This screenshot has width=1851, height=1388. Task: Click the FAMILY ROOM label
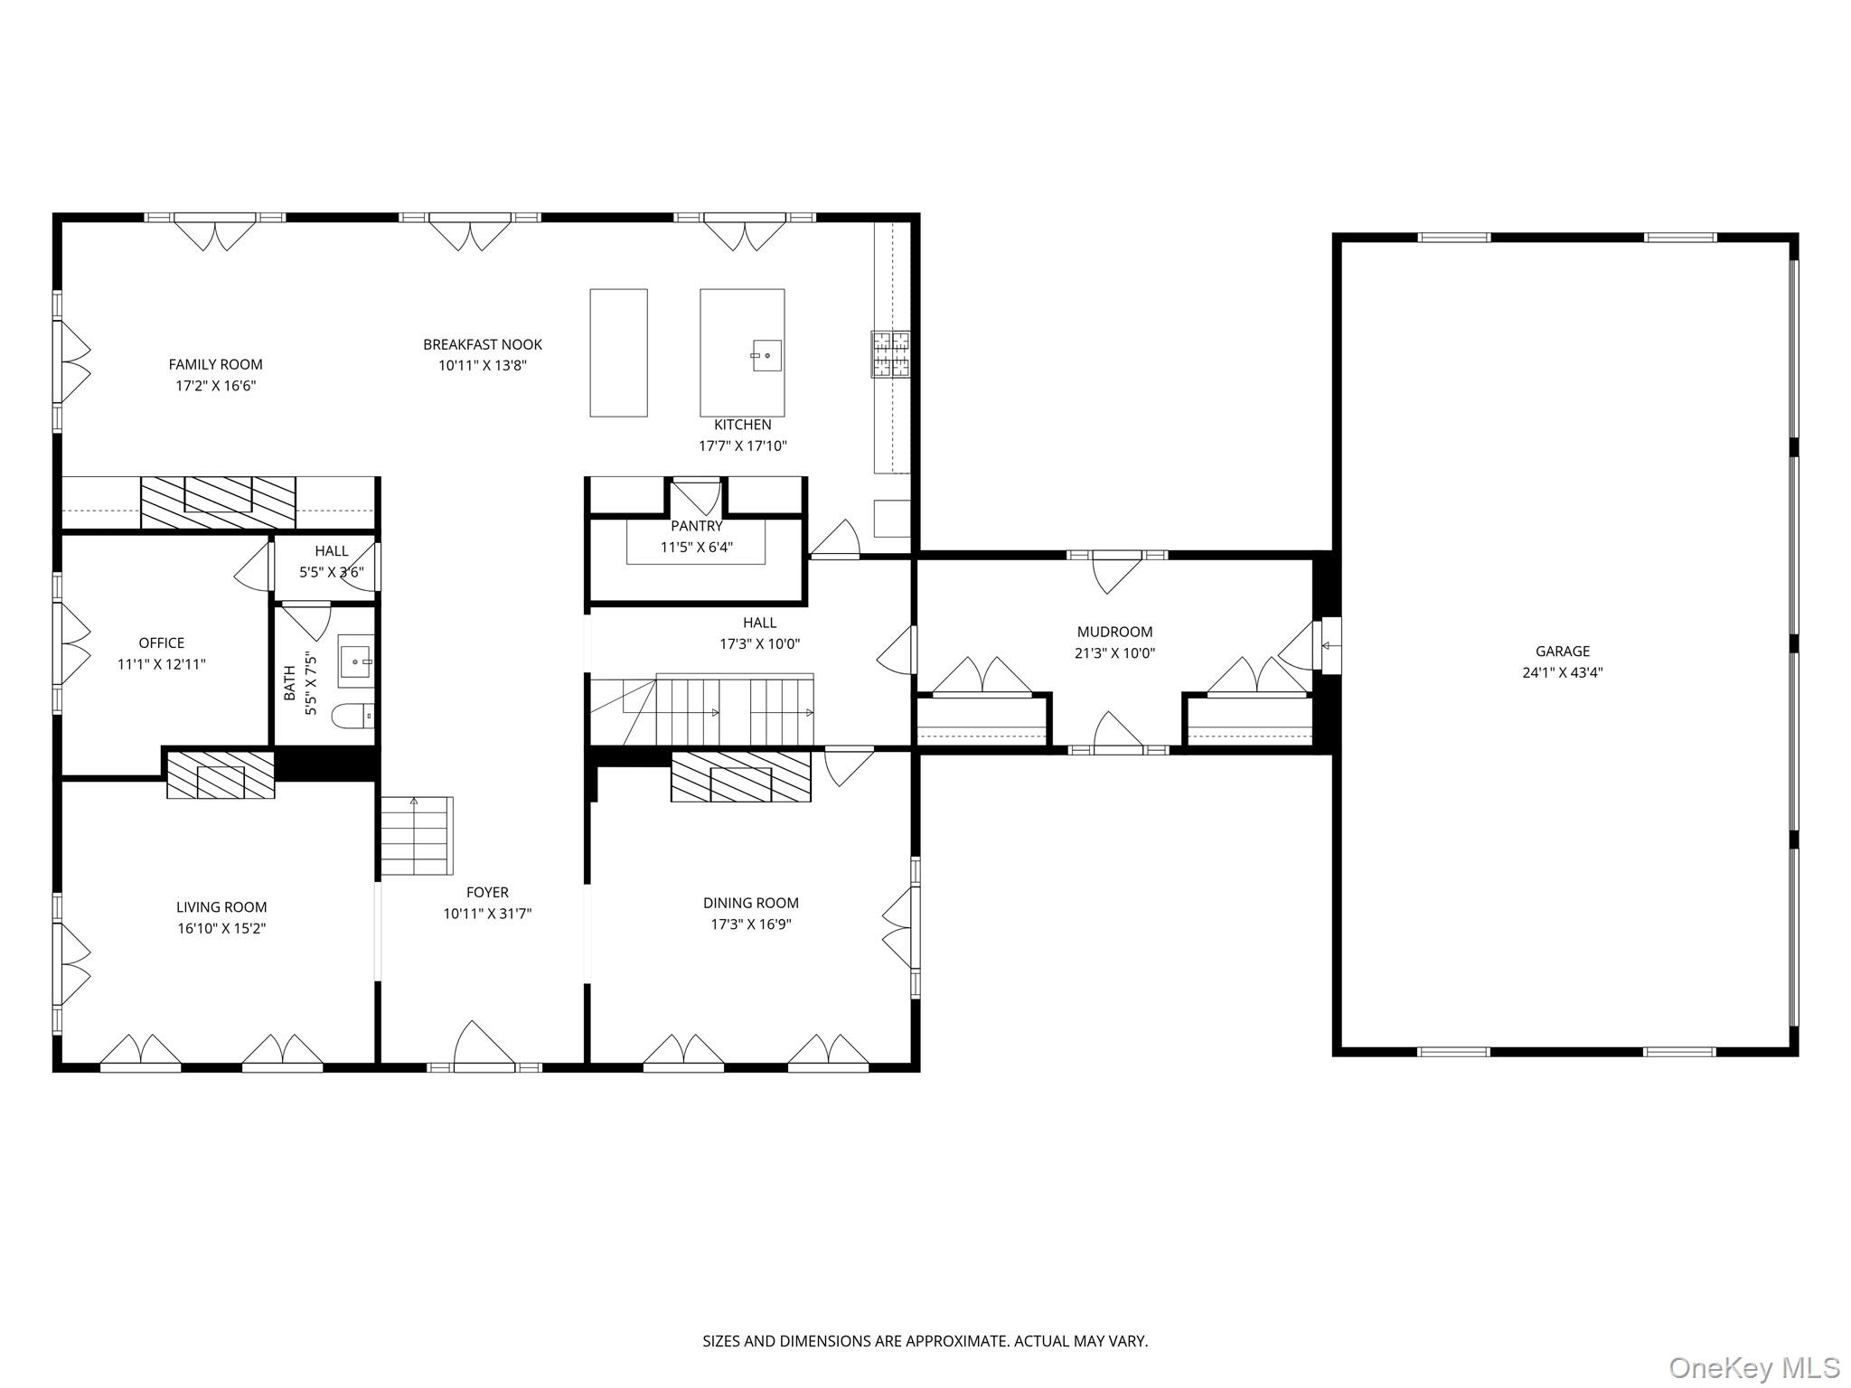215,364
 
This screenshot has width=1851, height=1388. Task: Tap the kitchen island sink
767,355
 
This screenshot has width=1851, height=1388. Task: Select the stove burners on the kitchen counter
891,353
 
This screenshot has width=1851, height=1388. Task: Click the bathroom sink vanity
355,661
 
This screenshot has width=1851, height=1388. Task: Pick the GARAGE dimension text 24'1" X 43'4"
1562,672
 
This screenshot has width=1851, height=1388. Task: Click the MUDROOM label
1114,632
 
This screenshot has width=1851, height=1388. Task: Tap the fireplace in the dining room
741,778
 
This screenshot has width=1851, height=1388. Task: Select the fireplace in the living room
221,775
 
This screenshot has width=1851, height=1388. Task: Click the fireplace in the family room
218,502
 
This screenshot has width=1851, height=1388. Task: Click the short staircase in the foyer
416,836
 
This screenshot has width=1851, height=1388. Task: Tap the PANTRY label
696,526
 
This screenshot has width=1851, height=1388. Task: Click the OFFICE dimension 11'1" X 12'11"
162,664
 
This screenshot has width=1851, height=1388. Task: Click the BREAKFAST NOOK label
483,344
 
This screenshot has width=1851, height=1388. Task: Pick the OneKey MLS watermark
1753,1367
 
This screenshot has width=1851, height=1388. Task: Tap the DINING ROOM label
750,903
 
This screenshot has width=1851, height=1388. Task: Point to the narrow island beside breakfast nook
618,352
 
